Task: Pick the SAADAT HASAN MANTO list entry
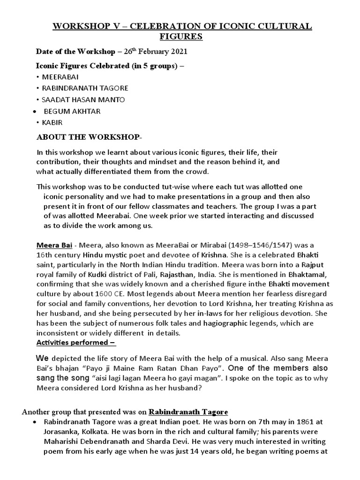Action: (84, 99)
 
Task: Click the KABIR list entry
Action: (52, 122)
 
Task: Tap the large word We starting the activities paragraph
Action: (43, 358)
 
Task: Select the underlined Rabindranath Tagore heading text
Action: (188, 412)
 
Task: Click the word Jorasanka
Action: (63, 431)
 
